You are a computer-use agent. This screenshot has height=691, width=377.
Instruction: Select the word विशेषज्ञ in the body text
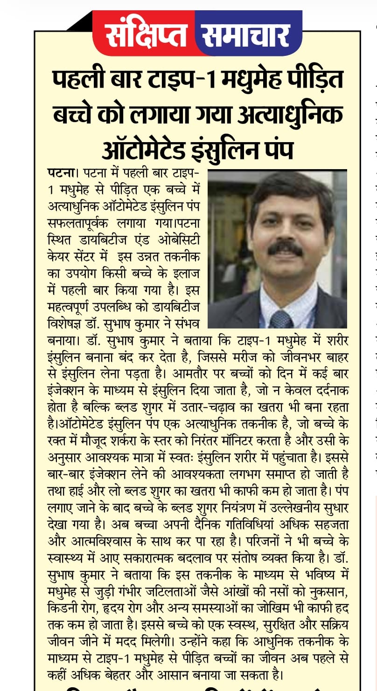[67, 322]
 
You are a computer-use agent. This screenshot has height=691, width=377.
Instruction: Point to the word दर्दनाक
[328, 388]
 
